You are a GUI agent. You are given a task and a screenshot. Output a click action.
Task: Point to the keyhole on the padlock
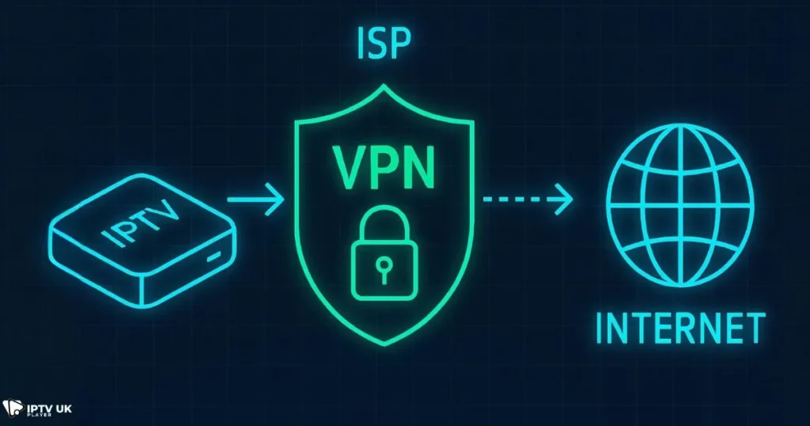pyautogui.click(x=384, y=264)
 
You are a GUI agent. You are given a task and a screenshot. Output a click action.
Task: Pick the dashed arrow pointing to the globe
pyautogui.click(x=527, y=199)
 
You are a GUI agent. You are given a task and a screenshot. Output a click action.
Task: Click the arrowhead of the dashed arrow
pyautogui.click(x=564, y=199)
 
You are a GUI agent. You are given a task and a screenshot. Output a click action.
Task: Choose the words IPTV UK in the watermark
pyautogui.click(x=49, y=405)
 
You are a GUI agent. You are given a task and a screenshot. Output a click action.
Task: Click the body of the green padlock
pyautogui.click(x=384, y=268)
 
